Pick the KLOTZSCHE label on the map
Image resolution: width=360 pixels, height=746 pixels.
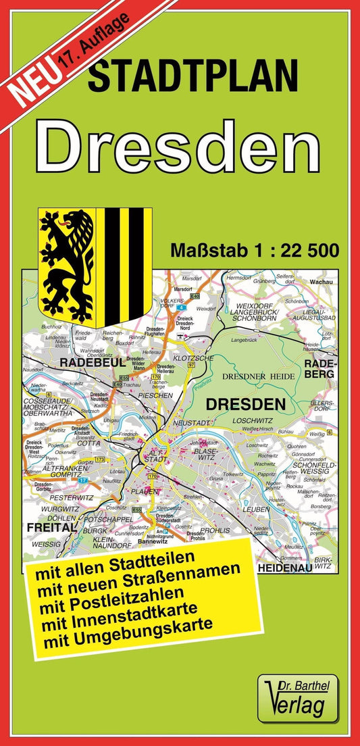(193, 357)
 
